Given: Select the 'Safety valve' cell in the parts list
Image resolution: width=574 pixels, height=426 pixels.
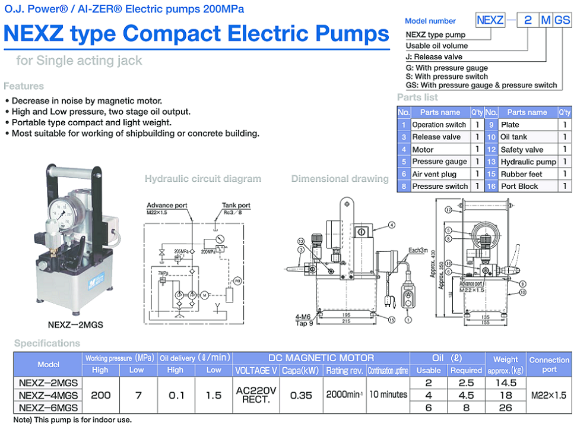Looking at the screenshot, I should click(x=522, y=150).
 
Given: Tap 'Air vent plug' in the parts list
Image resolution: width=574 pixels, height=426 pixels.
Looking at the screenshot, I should click(x=434, y=174).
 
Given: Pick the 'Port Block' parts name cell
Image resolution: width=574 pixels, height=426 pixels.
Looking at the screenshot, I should click(x=519, y=186).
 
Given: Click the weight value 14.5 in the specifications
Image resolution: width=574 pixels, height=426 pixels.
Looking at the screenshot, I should click(x=506, y=383).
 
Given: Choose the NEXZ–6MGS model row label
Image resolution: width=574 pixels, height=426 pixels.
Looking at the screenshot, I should click(x=48, y=408).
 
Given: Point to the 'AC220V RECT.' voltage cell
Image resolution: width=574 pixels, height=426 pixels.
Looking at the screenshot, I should click(x=256, y=395).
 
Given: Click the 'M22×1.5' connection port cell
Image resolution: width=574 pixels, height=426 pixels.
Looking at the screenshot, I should click(x=549, y=395).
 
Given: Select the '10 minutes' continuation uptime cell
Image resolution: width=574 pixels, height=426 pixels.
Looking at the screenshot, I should click(x=388, y=395).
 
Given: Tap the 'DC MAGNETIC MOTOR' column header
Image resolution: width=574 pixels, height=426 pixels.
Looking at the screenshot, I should click(x=321, y=358).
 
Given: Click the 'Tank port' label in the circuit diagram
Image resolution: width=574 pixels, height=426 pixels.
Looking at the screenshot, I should click(x=236, y=206).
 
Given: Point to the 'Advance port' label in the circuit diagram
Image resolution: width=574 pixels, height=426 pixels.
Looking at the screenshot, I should click(x=167, y=206).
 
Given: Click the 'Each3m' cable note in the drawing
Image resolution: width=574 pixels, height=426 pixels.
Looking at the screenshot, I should click(x=418, y=250).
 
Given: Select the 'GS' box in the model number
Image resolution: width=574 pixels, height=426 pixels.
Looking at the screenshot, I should click(x=562, y=20).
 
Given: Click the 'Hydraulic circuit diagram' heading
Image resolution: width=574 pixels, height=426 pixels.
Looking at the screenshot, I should click(x=202, y=178).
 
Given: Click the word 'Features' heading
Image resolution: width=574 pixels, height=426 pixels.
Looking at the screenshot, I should click(x=24, y=86).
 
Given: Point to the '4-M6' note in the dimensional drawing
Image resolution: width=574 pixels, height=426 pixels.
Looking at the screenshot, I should click(x=303, y=317).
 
